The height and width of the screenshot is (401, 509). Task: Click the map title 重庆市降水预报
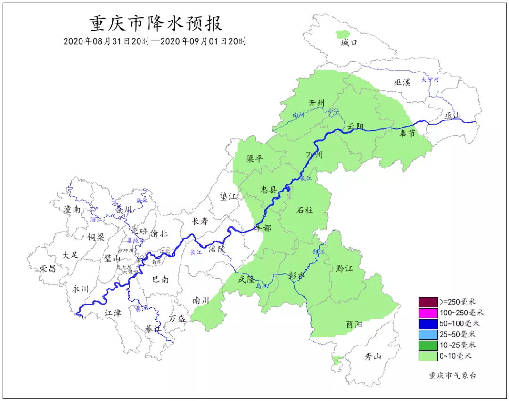(156, 23)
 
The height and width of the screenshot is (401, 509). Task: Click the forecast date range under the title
(156, 41)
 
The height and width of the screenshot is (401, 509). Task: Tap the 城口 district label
(349, 43)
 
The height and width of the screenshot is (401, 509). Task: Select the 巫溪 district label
(402, 82)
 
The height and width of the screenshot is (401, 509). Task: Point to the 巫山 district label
(454, 116)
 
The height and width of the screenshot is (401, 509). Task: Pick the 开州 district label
(317, 103)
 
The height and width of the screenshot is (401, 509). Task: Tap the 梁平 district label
(254, 159)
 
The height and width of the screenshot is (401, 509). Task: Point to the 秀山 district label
(373, 356)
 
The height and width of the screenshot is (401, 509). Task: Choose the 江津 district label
(113, 312)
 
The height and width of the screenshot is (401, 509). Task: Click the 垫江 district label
(228, 196)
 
